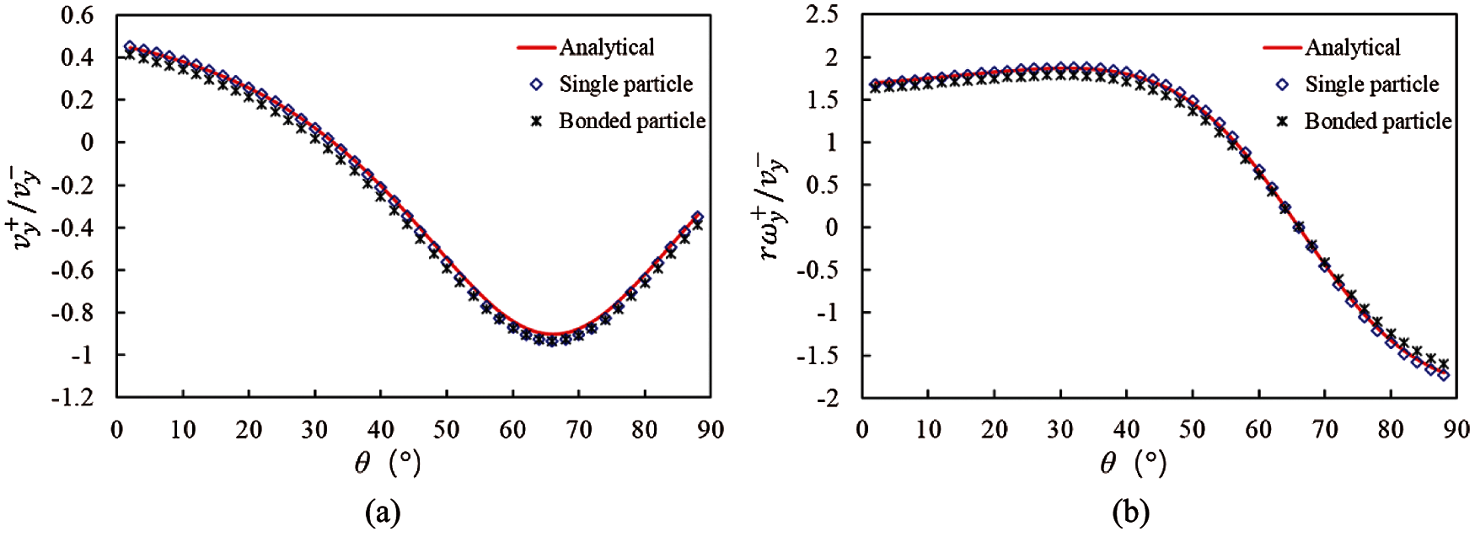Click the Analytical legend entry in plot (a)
point(607,47)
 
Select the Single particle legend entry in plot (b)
point(1371,84)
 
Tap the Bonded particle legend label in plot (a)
point(632,121)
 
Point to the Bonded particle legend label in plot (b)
point(1378,121)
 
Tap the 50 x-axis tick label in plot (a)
point(447,429)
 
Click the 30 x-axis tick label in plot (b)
point(1060,429)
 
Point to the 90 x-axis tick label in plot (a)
point(711,429)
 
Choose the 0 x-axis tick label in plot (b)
point(862,429)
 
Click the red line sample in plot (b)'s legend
point(1283,48)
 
